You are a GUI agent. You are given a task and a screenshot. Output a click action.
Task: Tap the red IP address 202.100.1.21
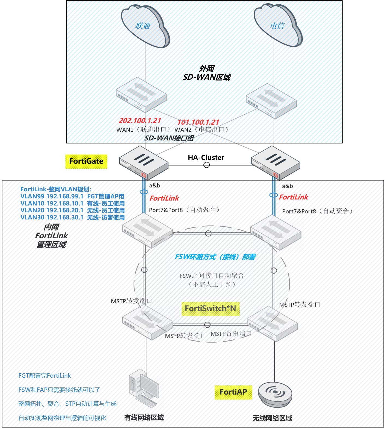[140, 121]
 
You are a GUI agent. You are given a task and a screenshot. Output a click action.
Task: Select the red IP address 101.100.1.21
[198, 122]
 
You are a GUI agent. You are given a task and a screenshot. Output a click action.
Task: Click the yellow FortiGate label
[86, 161]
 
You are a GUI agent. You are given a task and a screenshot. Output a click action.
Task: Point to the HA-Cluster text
[206, 158]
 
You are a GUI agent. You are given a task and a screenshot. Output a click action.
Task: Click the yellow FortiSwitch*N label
[211, 308]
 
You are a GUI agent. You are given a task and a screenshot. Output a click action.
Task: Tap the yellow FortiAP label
[233, 392]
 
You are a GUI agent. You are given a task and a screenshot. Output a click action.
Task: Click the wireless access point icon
[275, 394]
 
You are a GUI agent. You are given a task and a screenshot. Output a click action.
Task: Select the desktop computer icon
[144, 388]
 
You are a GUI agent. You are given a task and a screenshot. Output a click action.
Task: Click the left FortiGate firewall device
[144, 163]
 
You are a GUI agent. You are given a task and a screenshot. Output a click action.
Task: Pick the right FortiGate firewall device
[276, 163]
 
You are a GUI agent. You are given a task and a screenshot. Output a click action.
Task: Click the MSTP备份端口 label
[231, 334]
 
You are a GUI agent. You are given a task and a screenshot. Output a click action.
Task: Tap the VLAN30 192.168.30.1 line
[72, 218]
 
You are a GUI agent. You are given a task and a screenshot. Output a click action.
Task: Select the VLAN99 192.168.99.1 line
[72, 196]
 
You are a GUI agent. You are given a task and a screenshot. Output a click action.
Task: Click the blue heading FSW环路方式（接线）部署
[215, 257]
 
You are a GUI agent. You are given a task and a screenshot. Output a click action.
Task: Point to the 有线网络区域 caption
[144, 418]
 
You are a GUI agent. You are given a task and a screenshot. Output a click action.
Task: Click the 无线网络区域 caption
[272, 418]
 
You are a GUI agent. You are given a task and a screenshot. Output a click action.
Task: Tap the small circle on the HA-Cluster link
[207, 165]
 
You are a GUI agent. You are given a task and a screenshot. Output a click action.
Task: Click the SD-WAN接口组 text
[169, 138]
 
